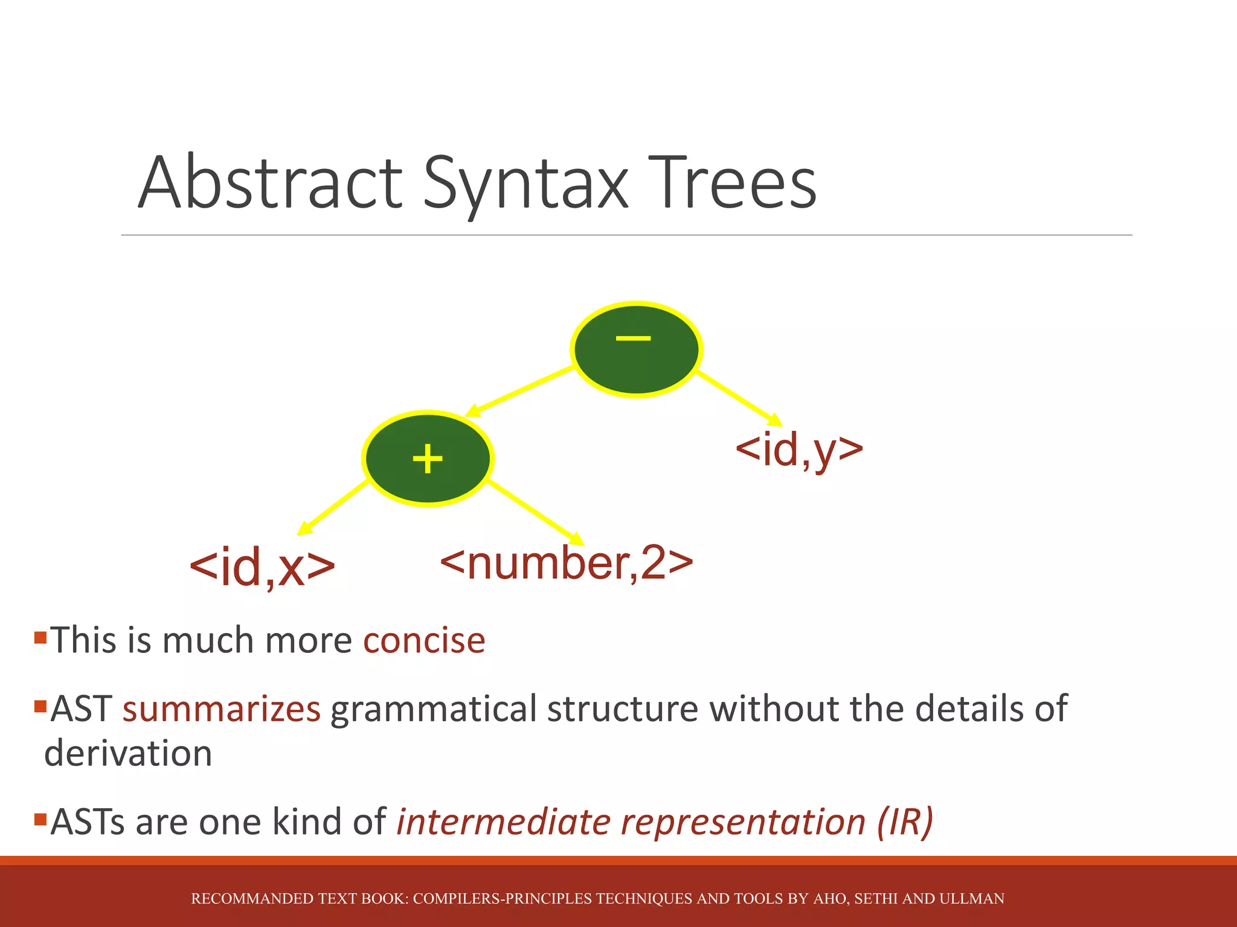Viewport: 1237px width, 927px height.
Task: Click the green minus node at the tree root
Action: (x=635, y=349)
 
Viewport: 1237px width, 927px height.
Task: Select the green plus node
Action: (x=428, y=459)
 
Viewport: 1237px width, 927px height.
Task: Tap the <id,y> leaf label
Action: (x=798, y=450)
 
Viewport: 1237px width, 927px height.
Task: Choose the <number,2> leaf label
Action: (x=567, y=562)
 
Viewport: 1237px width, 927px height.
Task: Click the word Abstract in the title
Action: (x=270, y=183)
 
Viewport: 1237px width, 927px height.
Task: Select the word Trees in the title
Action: (x=733, y=183)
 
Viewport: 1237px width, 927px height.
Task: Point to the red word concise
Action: (x=424, y=640)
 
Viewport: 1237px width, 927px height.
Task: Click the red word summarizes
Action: (x=221, y=709)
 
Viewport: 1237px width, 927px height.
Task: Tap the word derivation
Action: (x=128, y=754)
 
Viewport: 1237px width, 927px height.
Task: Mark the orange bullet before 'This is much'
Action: (x=40, y=637)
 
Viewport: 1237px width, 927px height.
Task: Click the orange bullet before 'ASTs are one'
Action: (x=40, y=820)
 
